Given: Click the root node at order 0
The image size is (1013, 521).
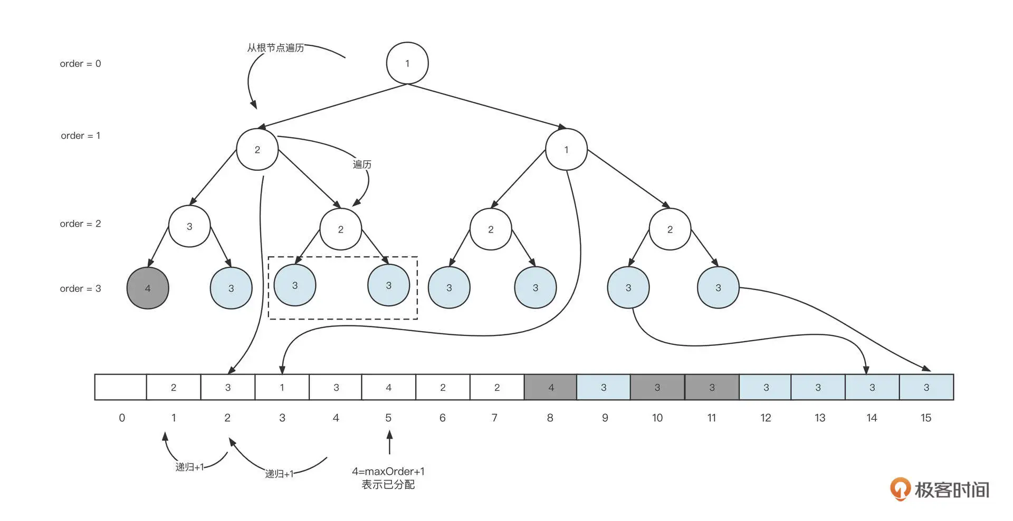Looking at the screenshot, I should (407, 63).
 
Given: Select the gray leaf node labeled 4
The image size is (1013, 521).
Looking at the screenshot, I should (148, 288).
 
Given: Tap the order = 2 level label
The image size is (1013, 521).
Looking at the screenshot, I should (80, 224).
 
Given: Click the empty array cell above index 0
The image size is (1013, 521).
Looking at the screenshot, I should (121, 387).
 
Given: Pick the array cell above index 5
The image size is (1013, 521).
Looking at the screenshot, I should (388, 387).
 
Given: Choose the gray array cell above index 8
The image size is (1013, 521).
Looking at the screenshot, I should (550, 387).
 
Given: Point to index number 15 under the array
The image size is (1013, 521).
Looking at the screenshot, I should (925, 418).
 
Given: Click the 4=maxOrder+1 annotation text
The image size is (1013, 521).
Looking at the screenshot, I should (388, 471).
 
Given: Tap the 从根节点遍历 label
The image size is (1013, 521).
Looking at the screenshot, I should (275, 48).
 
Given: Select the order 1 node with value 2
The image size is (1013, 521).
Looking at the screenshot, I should (257, 150).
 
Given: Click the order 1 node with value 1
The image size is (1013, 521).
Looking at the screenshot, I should (566, 150).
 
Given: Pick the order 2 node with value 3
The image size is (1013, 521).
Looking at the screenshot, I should (189, 226).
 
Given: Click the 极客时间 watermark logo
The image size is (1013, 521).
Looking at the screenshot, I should (940, 489).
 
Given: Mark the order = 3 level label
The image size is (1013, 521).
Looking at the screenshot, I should (80, 288).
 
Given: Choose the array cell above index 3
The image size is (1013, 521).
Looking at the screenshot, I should (282, 387).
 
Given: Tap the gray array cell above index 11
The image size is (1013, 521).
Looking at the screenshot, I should (712, 387).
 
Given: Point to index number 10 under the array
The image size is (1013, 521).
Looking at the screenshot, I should (657, 418).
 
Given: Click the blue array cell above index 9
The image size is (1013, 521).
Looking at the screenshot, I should (604, 387).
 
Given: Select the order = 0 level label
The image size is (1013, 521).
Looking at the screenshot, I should (80, 64).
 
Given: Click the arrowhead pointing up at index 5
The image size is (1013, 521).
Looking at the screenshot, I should (389, 435).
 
